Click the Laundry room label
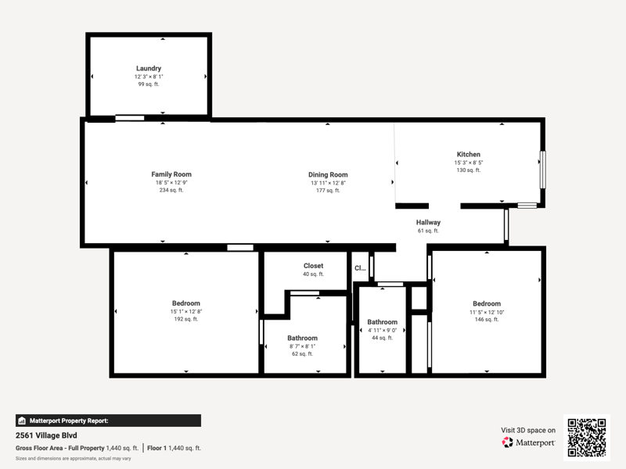click(149, 69)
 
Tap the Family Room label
click(171, 174)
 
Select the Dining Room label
click(328, 174)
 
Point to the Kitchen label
click(468, 154)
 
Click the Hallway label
click(428, 223)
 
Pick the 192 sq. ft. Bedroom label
click(186, 303)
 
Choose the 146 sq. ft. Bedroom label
click(487, 304)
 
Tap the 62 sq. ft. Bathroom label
click(302, 338)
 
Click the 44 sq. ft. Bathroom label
click(382, 322)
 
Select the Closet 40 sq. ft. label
click(314, 269)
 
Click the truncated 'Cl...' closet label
click(360, 268)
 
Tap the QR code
click(587, 438)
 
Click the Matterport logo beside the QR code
click(528, 442)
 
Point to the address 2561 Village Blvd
click(46, 435)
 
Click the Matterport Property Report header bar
click(108, 421)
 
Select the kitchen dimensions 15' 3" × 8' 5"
click(468, 163)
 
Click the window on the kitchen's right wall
click(542, 170)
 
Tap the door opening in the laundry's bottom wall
click(130, 118)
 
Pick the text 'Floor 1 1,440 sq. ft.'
click(174, 448)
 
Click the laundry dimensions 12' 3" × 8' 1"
click(149, 77)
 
